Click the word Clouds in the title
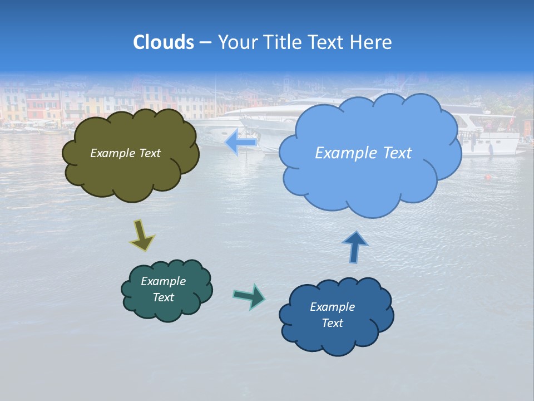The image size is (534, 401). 164,42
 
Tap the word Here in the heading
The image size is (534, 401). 373,42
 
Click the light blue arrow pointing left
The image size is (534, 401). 240,143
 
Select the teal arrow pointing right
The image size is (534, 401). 249,296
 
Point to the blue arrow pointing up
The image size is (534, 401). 355,247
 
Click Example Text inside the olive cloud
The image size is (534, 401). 125,153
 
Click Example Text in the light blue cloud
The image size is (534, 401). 363,153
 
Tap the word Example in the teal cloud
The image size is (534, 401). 163,281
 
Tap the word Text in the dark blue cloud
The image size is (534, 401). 332,323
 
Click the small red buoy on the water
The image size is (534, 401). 488,178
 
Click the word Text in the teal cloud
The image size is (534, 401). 163,297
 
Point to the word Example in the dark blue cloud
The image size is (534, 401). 332,307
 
